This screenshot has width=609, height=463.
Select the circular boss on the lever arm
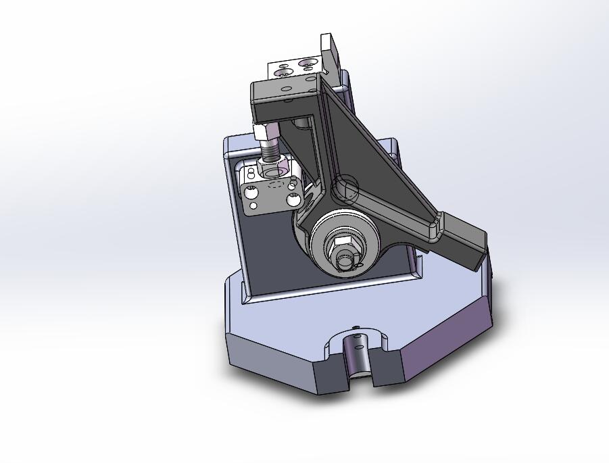coord(345,189)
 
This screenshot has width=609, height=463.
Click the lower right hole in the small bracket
coord(293,200)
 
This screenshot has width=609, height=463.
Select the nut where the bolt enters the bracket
coord(274,164)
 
